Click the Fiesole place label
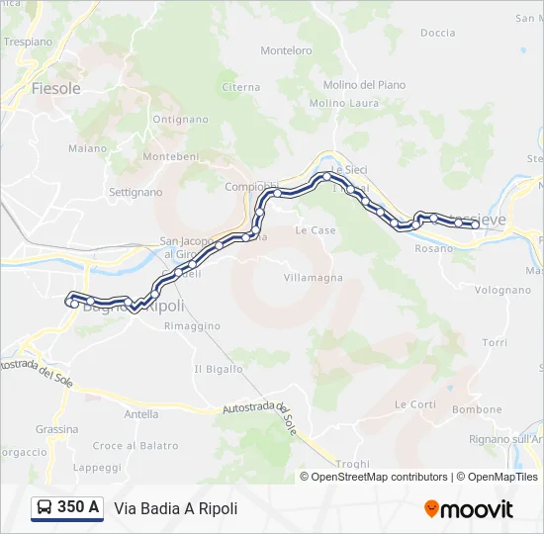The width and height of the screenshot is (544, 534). [x=55, y=88]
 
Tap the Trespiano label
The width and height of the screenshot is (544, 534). [x=28, y=42]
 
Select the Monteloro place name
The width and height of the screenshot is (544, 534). [x=286, y=50]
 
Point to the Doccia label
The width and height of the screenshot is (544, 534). [x=438, y=33]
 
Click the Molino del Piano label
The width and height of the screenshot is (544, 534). [x=365, y=85]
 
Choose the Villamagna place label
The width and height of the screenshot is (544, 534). [x=314, y=278]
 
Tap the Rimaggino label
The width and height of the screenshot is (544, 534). [x=192, y=325]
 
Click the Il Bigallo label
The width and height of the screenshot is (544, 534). [x=218, y=369]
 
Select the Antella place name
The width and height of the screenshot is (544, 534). [x=141, y=414]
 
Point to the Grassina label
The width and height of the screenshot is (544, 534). [x=56, y=429]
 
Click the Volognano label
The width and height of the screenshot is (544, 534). [x=502, y=291]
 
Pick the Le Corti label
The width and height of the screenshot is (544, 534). [x=415, y=404]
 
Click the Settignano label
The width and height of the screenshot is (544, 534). [x=135, y=191]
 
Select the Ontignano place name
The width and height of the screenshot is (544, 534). [x=181, y=120]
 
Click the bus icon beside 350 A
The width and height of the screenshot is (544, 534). [x=45, y=507]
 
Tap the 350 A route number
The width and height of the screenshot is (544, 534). [x=78, y=507]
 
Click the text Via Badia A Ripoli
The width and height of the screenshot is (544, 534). [x=176, y=508]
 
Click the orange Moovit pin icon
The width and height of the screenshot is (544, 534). [x=431, y=508]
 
